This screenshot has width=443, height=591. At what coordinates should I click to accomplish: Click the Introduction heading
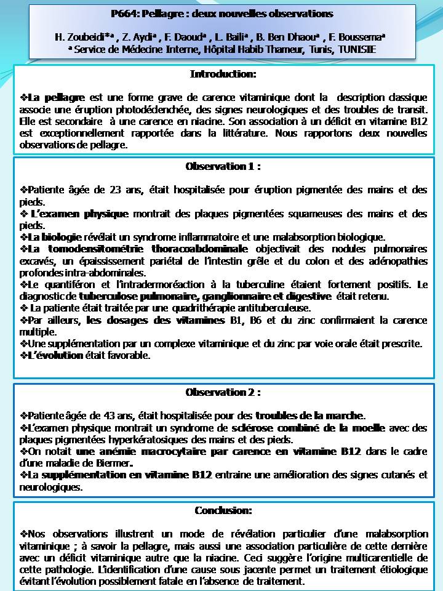[223, 74]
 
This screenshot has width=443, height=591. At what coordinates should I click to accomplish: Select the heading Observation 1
[223, 166]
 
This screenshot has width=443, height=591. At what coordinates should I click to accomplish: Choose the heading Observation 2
[223, 392]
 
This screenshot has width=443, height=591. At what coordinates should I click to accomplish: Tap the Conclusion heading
[223, 510]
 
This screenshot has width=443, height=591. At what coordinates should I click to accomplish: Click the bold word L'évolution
[55, 355]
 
